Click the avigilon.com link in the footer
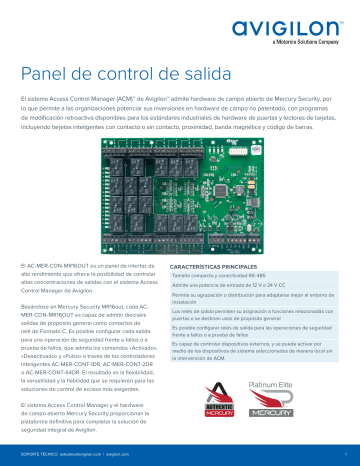point(117,451)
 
